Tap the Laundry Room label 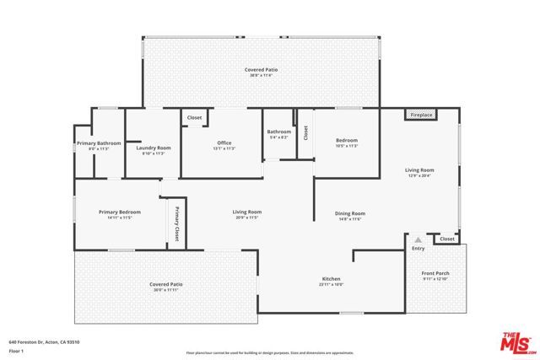click(154, 148)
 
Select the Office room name click(224, 142)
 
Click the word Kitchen click(331, 279)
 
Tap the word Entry click(418, 249)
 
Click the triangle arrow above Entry click(418, 240)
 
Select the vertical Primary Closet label click(178, 224)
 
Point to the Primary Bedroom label click(119, 212)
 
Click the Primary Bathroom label click(99, 143)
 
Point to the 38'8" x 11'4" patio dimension click(261, 75)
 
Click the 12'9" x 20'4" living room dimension click(418, 176)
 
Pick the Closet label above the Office click(194, 118)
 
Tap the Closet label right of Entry click(446, 239)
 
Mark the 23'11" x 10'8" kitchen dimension click(331, 285)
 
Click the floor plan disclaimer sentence click(270, 352)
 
